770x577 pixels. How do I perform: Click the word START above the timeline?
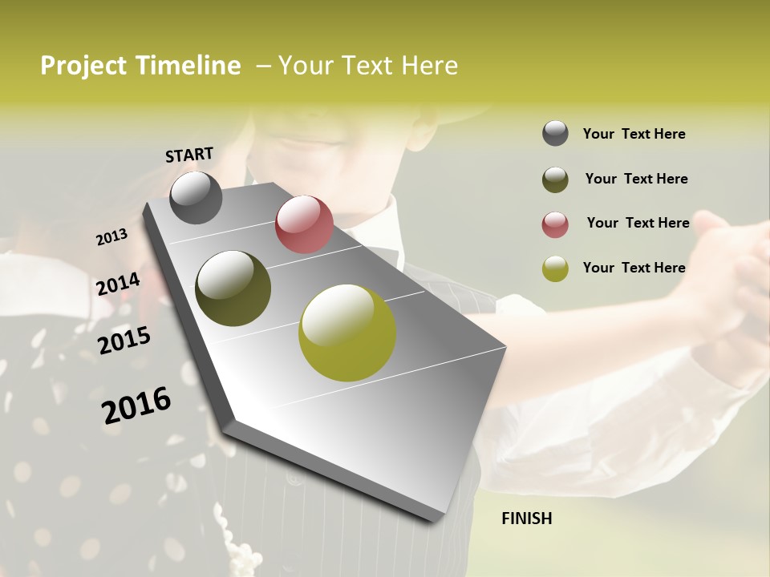tap(189, 154)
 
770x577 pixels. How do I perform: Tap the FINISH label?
tap(526, 518)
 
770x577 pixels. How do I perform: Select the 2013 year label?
tap(111, 237)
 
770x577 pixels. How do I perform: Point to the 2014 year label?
tap(118, 284)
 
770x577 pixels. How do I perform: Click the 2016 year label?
tap(136, 406)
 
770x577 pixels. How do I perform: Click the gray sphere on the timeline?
tap(196, 197)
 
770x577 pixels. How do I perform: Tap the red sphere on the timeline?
tap(304, 224)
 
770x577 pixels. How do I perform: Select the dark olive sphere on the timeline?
tap(233, 288)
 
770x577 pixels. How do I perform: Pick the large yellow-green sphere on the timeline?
tap(347, 333)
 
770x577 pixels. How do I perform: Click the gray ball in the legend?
tap(555, 134)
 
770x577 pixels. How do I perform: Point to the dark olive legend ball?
tap(555, 180)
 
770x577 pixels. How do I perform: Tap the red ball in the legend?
tap(555, 224)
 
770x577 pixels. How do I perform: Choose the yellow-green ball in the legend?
tap(555, 268)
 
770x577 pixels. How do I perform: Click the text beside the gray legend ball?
tap(634, 134)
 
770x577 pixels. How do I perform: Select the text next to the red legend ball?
tap(638, 223)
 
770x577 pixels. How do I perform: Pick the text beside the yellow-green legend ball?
tap(634, 268)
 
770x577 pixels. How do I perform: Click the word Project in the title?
tap(84, 66)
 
